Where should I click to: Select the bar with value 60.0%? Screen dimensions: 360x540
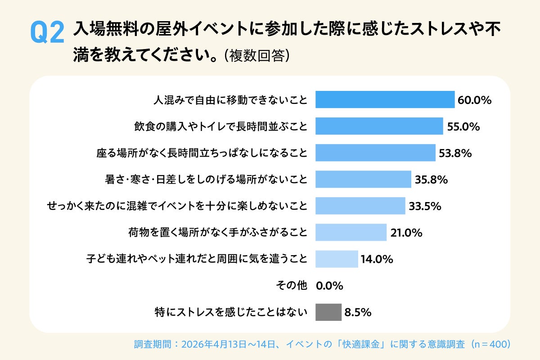[385, 99]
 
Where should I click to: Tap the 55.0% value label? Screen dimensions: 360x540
[463, 126]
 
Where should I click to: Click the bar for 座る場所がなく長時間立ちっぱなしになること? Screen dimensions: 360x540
[375, 153]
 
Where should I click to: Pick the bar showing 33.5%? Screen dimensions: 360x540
[360, 206]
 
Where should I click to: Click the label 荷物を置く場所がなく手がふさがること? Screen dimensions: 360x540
[218, 233]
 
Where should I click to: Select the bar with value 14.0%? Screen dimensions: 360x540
[337, 259]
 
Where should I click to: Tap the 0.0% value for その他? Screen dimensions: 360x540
[330, 286]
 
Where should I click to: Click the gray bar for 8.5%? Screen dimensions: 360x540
[328, 312]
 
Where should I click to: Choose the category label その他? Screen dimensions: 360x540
[291, 286]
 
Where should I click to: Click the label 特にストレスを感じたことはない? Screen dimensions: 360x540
[230, 312]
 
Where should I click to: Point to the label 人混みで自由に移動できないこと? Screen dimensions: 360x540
[230, 100]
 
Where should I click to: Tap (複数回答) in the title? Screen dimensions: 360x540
[256, 56]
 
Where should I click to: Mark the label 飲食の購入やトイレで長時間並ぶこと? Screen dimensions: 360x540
[220, 126]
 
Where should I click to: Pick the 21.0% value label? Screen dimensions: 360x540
[406, 233]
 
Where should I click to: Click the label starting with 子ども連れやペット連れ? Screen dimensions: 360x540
[197, 259]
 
